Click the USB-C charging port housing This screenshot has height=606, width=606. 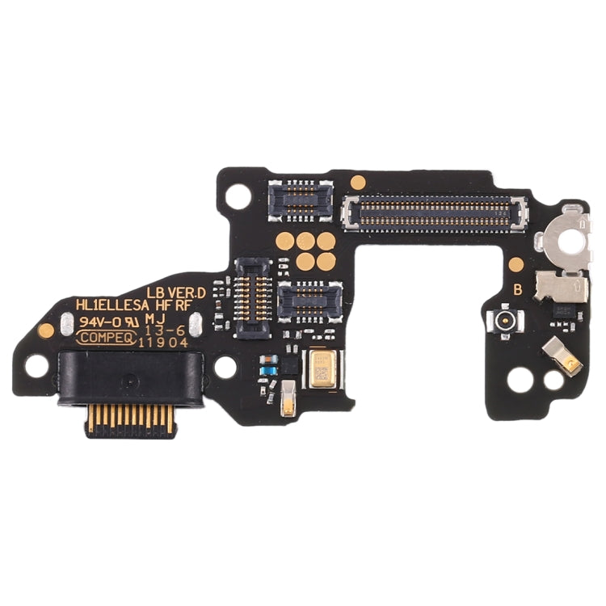(129, 373)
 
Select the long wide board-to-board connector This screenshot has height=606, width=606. (426, 212)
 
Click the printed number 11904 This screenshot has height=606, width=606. (164, 342)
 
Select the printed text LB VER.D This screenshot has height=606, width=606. (176, 291)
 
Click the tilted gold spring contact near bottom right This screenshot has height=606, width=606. (575, 356)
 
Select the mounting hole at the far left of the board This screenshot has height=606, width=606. (36, 365)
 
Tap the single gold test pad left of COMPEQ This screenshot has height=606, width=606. (47, 330)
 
